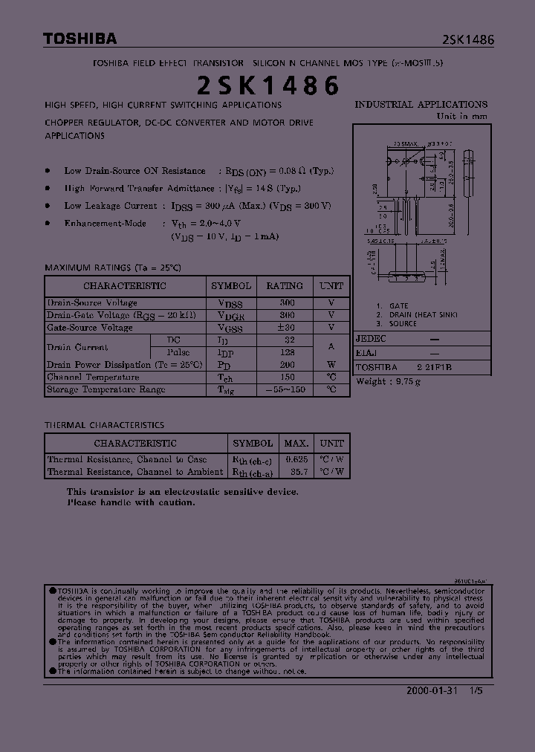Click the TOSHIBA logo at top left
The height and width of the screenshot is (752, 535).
[80, 39]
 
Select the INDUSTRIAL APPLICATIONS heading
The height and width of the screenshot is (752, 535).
[421, 105]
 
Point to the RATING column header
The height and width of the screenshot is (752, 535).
[285, 285]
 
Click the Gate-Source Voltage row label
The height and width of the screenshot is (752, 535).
[90, 328]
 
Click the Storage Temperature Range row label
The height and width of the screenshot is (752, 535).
[106, 389]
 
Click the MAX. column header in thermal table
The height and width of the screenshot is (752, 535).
[296, 443]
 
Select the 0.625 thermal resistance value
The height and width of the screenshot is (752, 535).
[296, 459]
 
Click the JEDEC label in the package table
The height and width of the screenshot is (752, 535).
[372, 338]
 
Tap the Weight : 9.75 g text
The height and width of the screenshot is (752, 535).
[389, 381]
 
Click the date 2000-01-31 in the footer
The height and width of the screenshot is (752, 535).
[433, 690]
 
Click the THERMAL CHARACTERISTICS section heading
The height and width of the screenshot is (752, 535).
[105, 425]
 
